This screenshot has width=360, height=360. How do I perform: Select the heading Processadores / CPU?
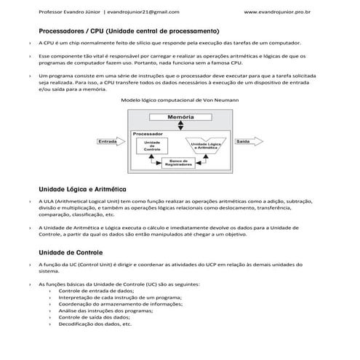[x=129, y=31]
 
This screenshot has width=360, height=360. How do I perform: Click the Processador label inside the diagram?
[x=148, y=134]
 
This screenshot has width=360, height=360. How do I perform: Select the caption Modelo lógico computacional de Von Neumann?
[x=180, y=100]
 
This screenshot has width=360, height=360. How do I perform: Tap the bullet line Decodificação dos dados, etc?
[x=95, y=324]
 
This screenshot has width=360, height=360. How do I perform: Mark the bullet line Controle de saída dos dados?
[x=95, y=318]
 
